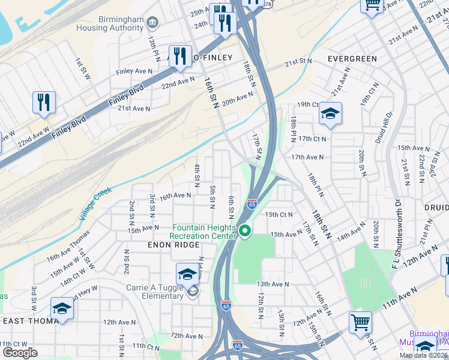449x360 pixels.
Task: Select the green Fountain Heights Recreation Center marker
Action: [245, 230]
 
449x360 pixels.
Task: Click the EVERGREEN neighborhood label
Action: [352, 59]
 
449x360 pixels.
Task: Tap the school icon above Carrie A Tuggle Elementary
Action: [187, 274]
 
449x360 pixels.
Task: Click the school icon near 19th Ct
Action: [330, 113]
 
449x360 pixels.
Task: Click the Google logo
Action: [20, 352]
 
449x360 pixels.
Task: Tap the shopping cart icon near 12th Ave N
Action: [360, 322]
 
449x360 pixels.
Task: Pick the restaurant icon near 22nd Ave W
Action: [44, 103]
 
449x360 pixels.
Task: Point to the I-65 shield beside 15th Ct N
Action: [252, 205]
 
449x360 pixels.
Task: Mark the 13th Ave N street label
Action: [273, 284]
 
